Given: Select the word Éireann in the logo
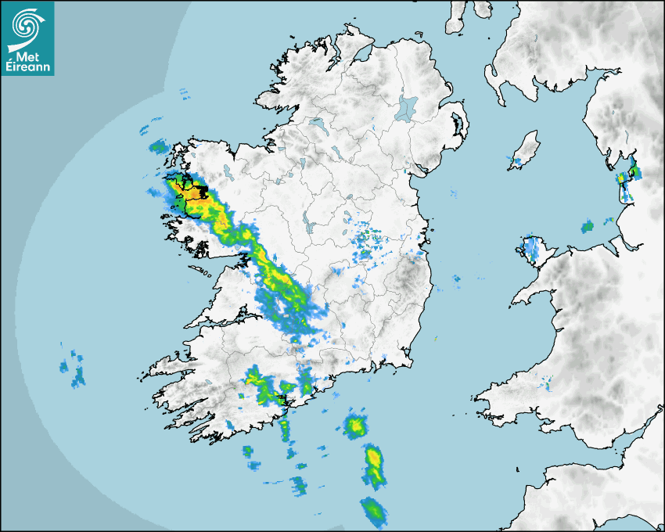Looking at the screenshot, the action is pos(27,67).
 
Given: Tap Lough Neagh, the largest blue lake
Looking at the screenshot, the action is pos(407,107).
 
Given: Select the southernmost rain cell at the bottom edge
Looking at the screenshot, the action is pos(374,510).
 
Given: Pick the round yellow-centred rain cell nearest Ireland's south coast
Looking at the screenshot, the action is pos(357,426).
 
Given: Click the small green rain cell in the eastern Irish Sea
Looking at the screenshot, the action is pos(588,227).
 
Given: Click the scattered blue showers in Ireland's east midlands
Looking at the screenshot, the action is pos(366,237).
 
